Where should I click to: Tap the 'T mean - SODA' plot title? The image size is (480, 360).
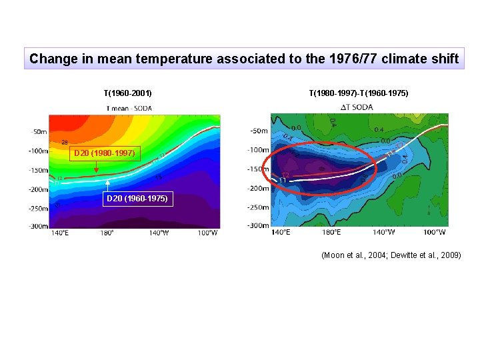129,109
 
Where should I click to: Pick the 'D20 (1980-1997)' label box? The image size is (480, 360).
104,154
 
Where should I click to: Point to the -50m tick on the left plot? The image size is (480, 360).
38,131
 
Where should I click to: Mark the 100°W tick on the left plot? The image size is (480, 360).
207,233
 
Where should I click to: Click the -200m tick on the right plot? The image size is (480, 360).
259,188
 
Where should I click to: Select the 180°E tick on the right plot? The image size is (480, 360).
331,232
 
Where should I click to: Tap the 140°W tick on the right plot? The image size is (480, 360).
383,232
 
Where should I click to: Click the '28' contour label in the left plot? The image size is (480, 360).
65,142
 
